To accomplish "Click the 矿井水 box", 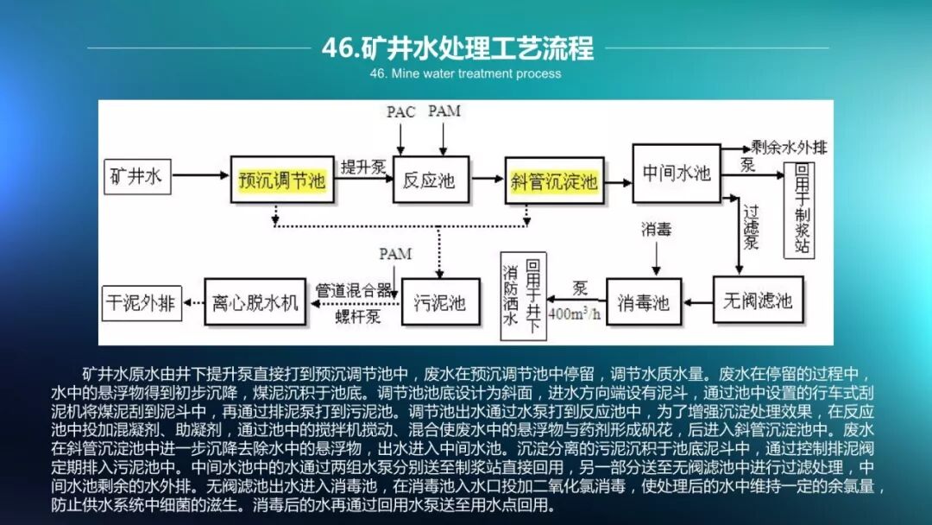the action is point(136,177).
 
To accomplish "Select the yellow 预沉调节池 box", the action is point(281,180).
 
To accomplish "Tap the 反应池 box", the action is point(430,180).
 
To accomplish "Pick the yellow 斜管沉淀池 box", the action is point(554,180).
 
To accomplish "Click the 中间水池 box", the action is point(677,173).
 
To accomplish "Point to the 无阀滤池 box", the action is point(757,301).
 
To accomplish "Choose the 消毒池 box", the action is point(643,302).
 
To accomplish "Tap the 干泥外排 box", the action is point(140,302).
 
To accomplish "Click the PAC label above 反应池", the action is point(400,112).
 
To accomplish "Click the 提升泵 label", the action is point(362,166).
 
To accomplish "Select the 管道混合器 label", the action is point(354,289).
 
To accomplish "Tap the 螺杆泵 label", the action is point(358,316).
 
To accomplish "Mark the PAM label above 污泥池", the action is point(395,254).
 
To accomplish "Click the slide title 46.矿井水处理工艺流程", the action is point(457,47).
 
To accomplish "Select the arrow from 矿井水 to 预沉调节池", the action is point(199,179).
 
